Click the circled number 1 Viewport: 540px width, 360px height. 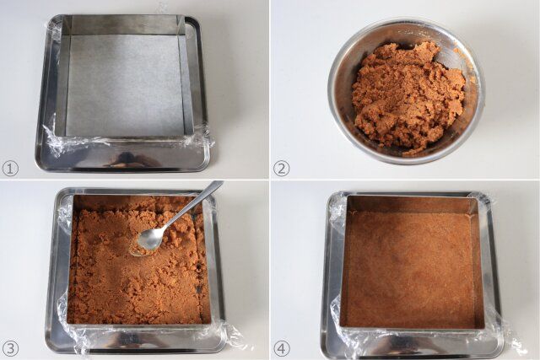[10, 169]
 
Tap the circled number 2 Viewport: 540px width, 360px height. [281, 169]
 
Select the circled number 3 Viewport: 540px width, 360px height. [10, 349]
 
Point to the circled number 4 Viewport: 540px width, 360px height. [281, 349]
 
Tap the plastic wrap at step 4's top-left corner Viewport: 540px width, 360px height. [337, 207]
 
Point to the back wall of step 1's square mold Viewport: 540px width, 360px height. [125, 24]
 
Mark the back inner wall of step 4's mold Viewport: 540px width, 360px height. [410, 205]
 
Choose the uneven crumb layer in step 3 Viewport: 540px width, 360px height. [138, 261]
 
